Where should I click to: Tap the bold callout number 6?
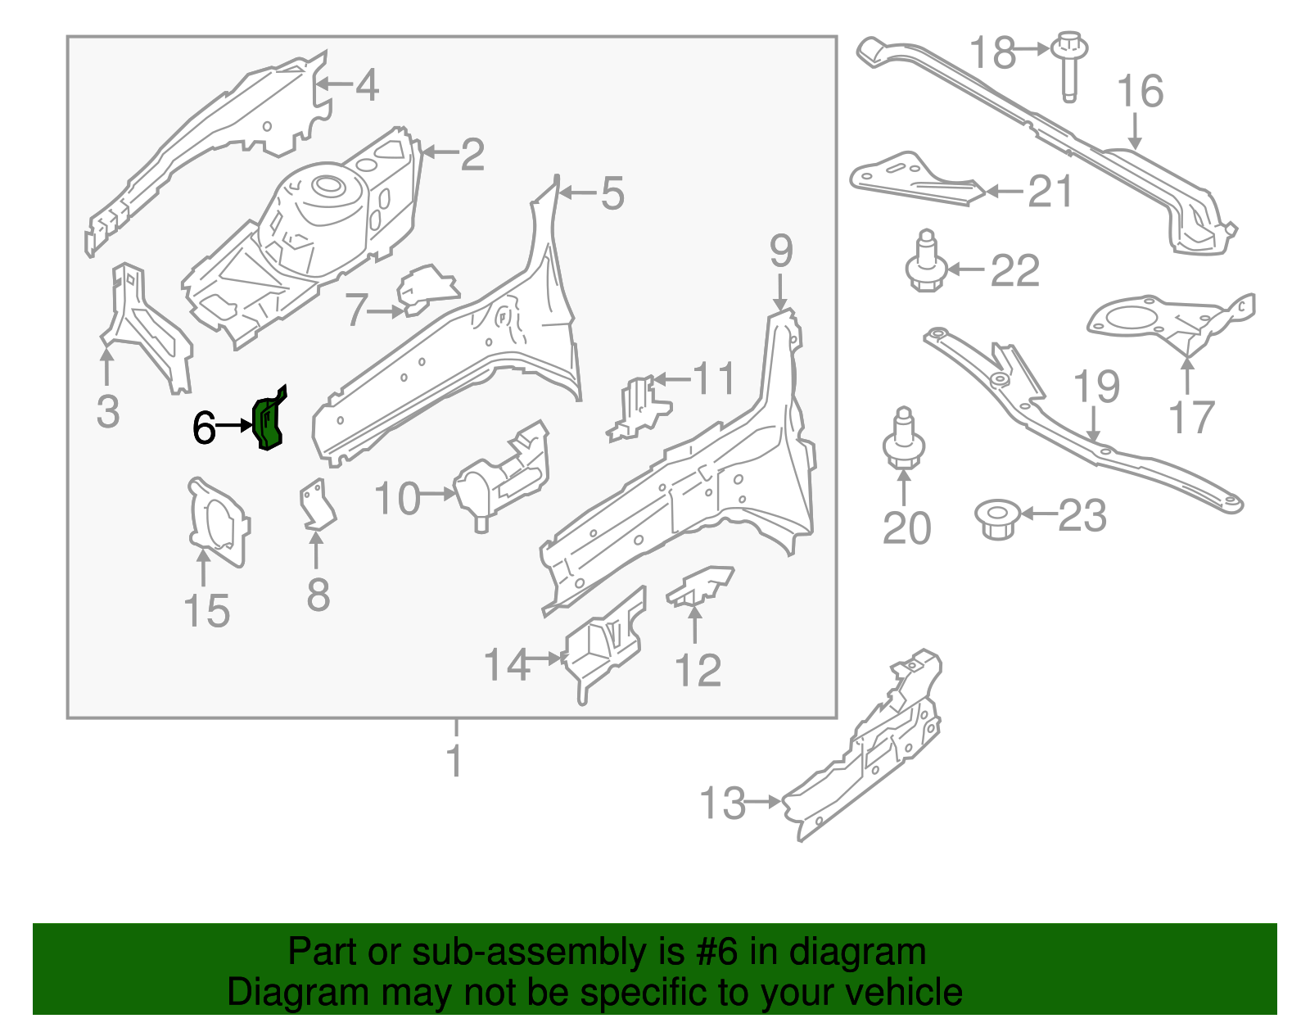[204, 428]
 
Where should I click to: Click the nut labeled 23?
[996, 518]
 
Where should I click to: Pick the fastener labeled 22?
[926, 264]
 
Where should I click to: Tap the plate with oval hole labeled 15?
[217, 523]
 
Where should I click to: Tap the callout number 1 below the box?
[454, 761]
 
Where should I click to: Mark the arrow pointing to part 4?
[332, 84]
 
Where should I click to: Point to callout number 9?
[780, 251]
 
